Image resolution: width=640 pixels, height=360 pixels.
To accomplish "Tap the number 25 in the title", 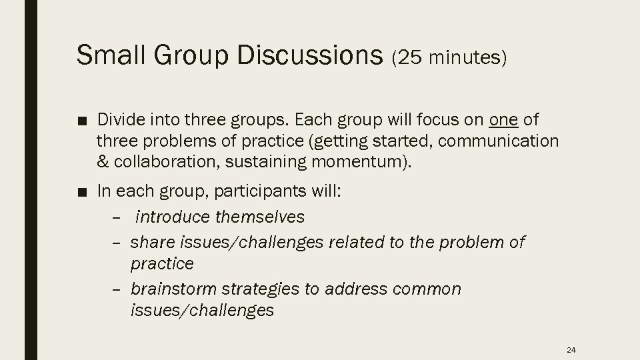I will pos(411,59).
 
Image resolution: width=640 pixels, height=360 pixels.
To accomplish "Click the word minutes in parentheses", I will pos(467,59).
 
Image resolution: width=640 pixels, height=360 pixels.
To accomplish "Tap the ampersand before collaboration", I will pos(103,162).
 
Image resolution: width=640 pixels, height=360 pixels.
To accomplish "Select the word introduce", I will pos(174,217).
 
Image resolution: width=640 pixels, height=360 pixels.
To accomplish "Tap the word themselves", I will pos(261,217).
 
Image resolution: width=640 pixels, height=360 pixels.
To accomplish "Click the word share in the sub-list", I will pos(149,242).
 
